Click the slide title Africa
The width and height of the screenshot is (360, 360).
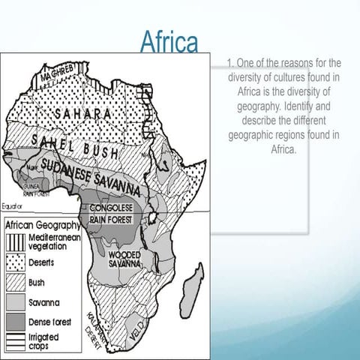point(169,42)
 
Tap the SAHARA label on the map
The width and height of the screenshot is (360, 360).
point(83,113)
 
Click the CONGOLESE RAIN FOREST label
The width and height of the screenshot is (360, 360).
point(110,213)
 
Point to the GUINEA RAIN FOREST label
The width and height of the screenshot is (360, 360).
point(31,190)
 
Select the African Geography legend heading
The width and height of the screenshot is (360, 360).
point(43,224)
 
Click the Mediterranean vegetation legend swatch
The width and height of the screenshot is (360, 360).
point(16,241)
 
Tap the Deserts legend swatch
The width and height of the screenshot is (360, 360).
point(16,263)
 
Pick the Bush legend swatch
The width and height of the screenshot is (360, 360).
point(16,283)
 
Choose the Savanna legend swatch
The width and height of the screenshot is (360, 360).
point(16,302)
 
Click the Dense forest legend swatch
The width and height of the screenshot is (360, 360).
point(16,322)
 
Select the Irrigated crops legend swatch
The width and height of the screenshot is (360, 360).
point(16,341)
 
